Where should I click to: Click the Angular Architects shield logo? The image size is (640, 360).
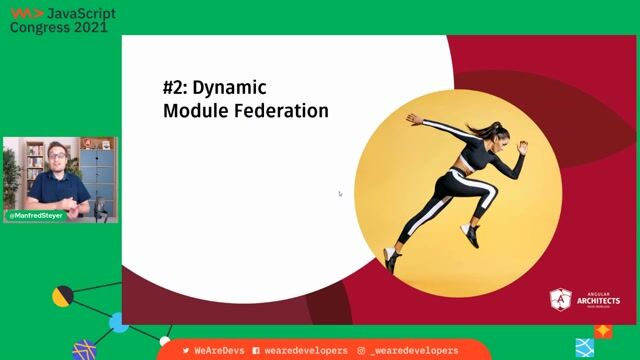[561, 300]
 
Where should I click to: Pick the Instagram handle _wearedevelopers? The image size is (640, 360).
[414, 351]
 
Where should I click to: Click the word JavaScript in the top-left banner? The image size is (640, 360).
[80, 12]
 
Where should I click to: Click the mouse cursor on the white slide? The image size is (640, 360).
[340, 194]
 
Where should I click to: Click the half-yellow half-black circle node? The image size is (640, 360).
[63, 296]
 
